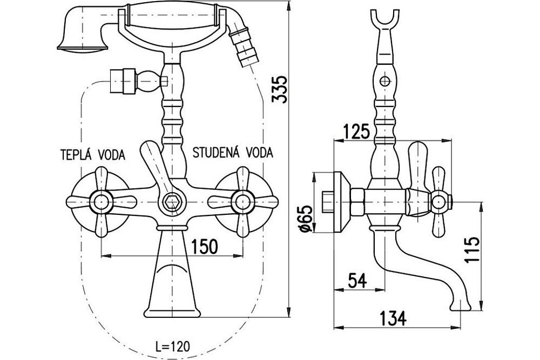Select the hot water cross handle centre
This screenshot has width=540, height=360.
click(x=100, y=202)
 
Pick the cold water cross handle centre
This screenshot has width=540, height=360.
click(x=241, y=202)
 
